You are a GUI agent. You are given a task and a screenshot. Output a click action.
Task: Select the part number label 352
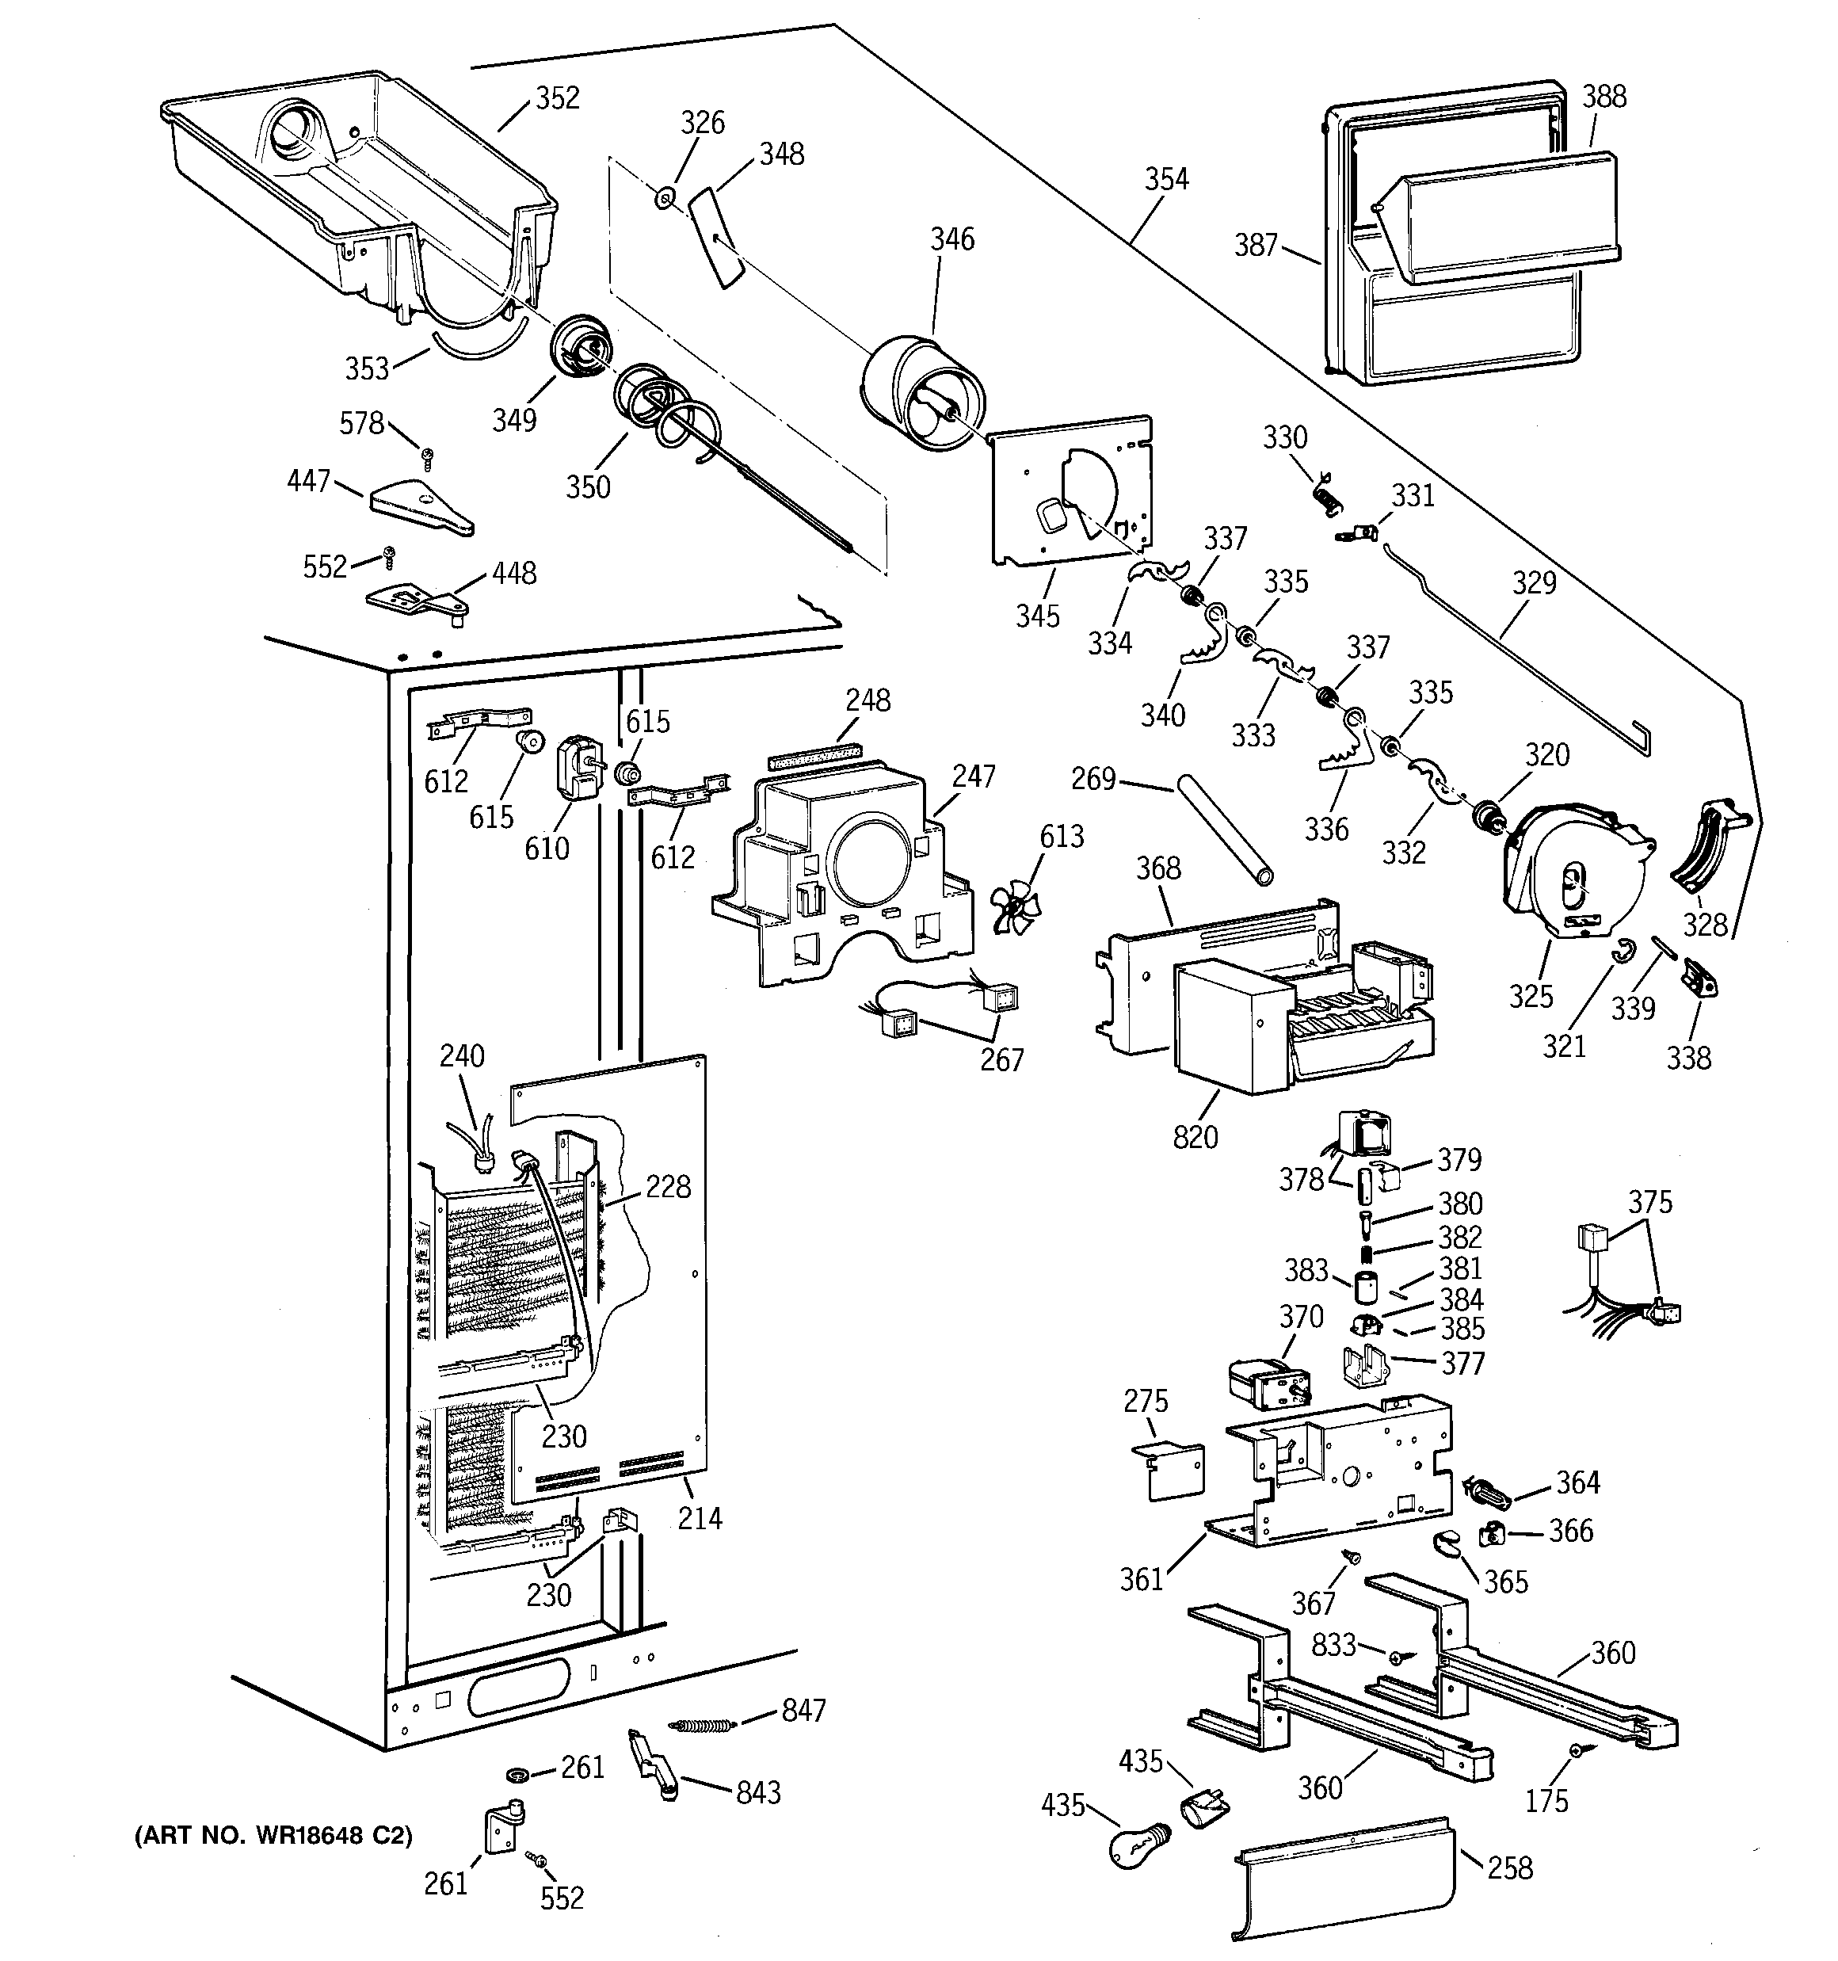(x=558, y=97)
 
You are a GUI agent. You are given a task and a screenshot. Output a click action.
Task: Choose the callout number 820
(x=1195, y=1137)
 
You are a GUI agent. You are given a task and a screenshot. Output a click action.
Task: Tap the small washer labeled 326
(x=665, y=198)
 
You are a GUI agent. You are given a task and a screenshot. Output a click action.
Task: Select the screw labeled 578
(x=427, y=456)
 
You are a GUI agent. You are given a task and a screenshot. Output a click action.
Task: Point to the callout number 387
(x=1256, y=244)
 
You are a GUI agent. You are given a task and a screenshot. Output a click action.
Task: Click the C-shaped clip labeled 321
(x=1624, y=950)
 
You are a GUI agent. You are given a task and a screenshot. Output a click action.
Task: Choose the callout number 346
(x=952, y=238)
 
